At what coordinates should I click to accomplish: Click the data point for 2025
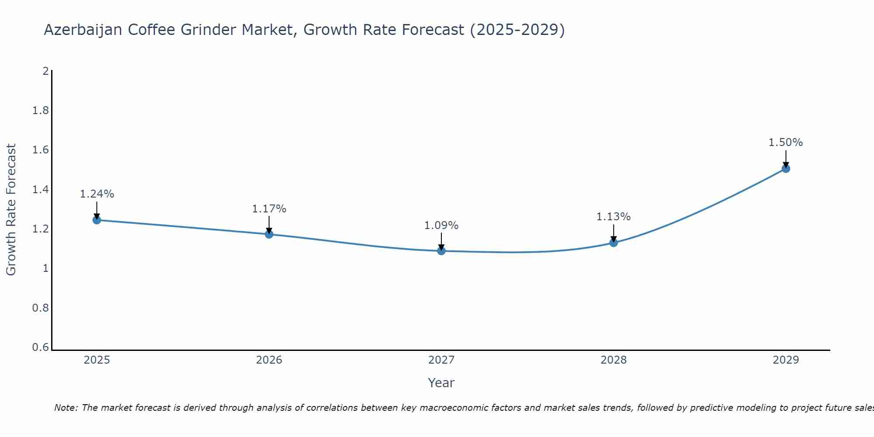97,220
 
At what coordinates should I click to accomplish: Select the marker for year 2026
269,234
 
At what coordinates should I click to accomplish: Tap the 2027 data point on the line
441,251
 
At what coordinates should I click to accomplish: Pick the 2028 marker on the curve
614,243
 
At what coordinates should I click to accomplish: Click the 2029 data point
786,168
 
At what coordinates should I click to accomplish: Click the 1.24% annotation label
97,194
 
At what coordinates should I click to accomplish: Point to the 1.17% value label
269,209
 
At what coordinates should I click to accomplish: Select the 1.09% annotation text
441,225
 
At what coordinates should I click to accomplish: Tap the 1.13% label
614,217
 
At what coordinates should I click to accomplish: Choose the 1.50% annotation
786,142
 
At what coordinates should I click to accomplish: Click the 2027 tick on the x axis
441,360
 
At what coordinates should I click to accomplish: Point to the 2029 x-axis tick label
786,360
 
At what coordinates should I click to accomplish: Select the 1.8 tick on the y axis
41,111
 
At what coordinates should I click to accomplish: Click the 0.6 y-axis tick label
41,347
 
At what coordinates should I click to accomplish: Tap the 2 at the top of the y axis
45,71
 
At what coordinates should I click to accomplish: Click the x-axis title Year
441,383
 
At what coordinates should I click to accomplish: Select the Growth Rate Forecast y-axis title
11,210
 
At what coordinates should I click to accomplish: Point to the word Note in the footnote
66,408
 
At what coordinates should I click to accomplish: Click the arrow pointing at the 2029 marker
786,159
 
